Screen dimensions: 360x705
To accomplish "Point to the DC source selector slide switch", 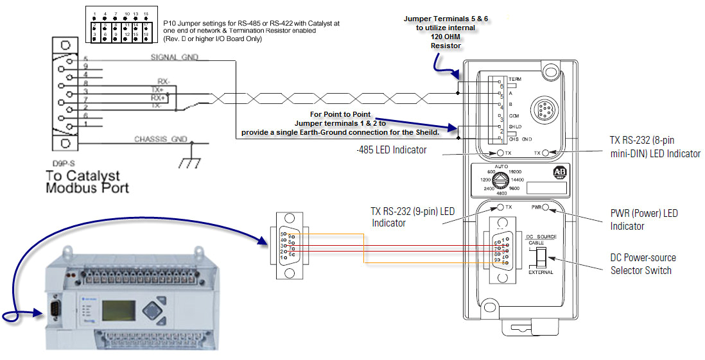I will click(x=541, y=257).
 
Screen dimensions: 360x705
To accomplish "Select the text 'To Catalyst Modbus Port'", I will click(x=87, y=182).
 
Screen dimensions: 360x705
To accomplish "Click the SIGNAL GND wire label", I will click(x=174, y=57).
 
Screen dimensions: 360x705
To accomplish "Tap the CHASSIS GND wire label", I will click(x=161, y=139).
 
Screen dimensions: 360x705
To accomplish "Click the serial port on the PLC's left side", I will click(x=56, y=310).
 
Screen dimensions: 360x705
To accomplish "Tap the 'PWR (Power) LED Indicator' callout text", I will click(x=643, y=219).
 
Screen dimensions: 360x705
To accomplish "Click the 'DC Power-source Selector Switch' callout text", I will click(x=643, y=264).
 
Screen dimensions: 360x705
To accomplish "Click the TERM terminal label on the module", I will click(x=513, y=79).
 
